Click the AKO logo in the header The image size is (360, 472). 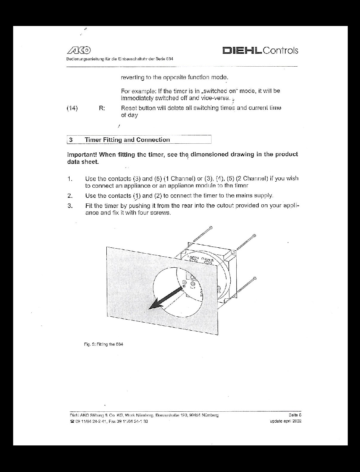[x=79, y=50]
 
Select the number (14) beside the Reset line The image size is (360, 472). [x=72, y=108]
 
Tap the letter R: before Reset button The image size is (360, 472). [x=102, y=108]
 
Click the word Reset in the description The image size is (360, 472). [x=129, y=108]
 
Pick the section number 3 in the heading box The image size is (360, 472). [x=71, y=140]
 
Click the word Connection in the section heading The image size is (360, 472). [x=153, y=140]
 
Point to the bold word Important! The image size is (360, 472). [x=82, y=155]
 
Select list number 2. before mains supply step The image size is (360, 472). [x=70, y=196]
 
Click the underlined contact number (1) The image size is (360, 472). [x=137, y=196]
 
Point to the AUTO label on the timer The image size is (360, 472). [x=193, y=257]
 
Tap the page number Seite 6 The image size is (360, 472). [x=295, y=415]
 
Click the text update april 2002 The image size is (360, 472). [x=285, y=421]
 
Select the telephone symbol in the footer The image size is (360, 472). [x=72, y=422]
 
